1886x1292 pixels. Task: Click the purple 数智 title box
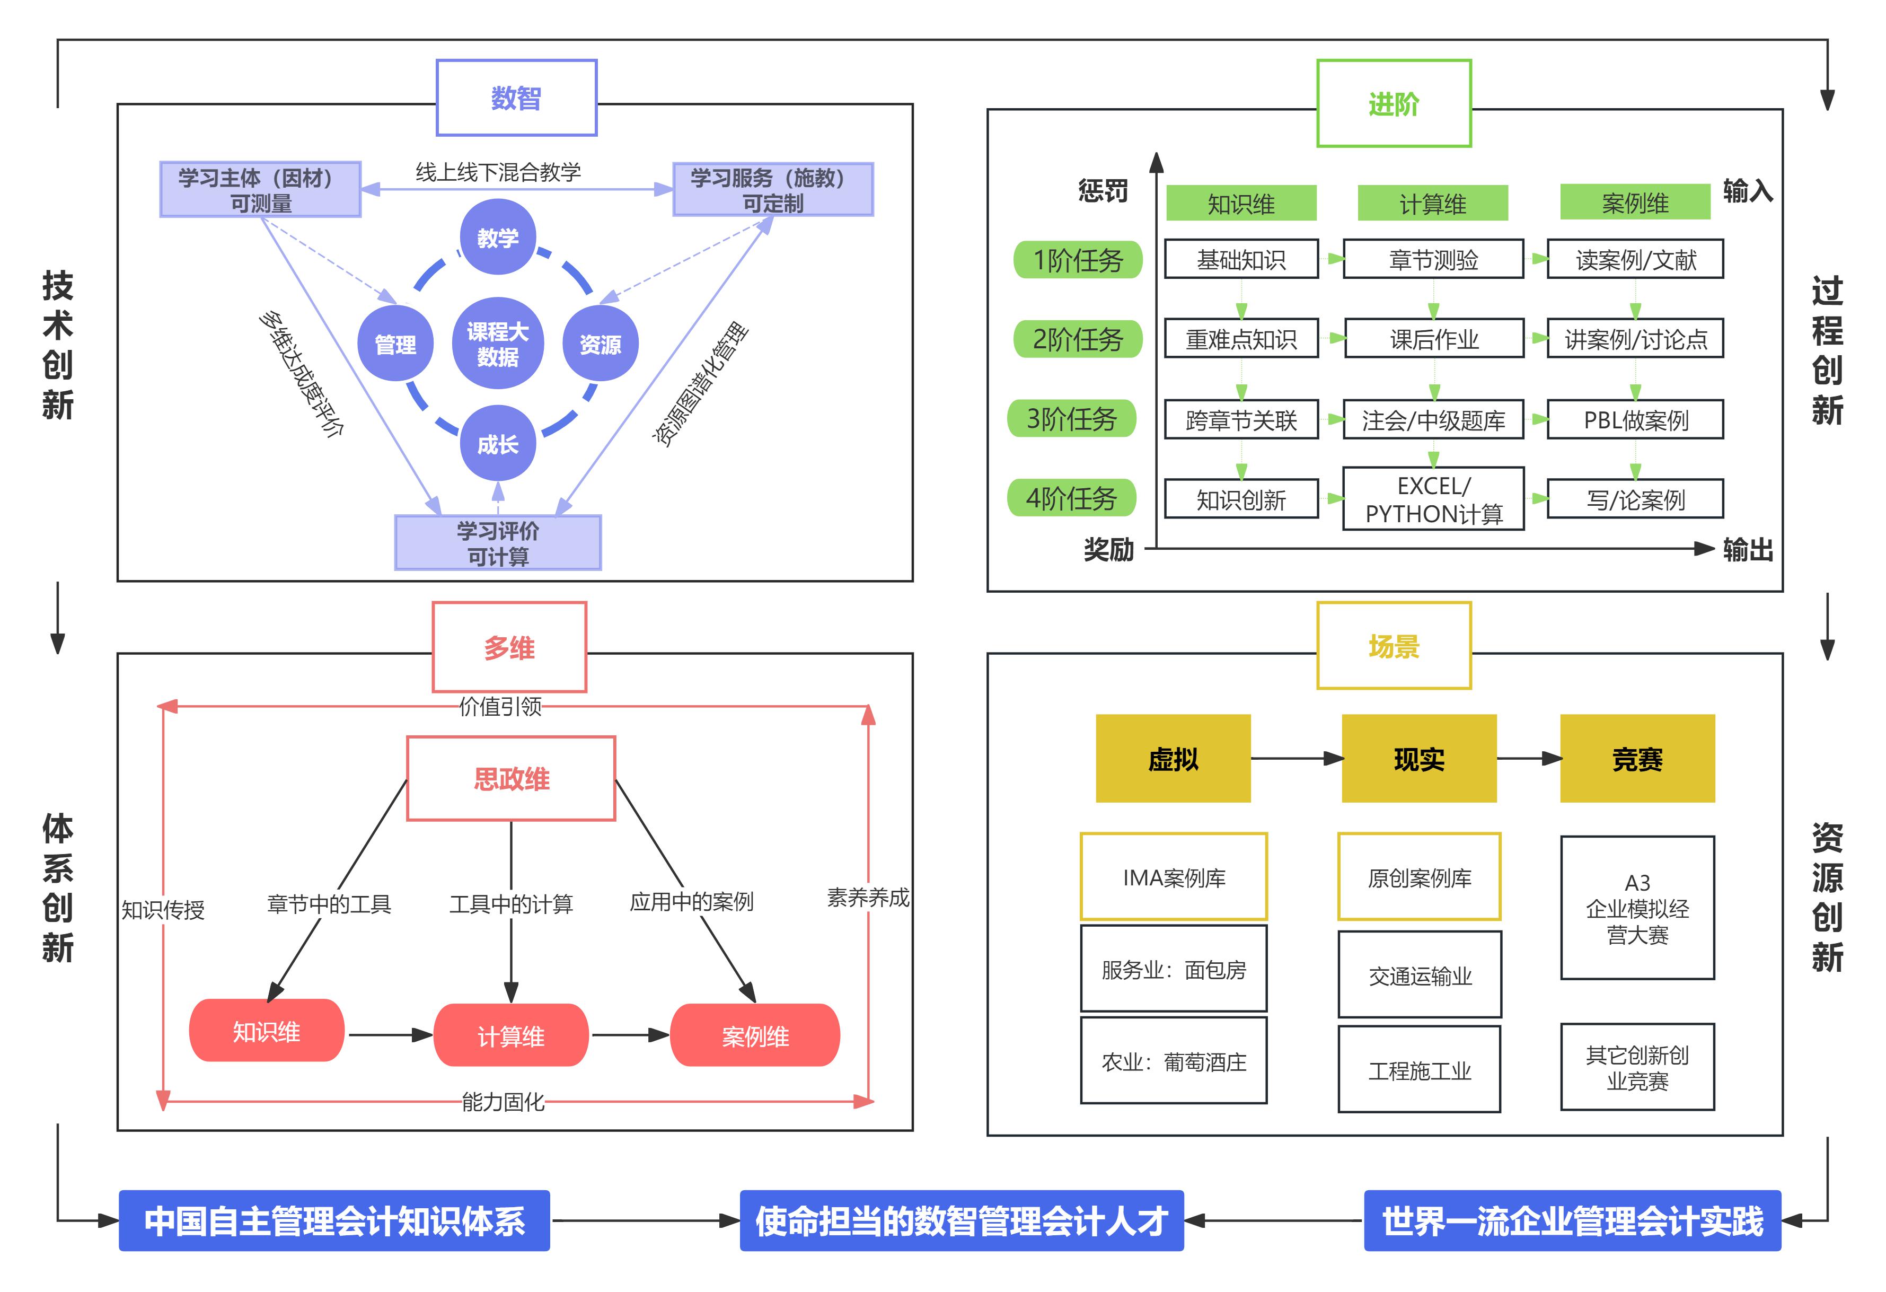click(x=516, y=98)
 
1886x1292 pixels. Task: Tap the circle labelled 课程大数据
click(x=497, y=344)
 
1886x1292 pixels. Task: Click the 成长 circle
click(x=497, y=444)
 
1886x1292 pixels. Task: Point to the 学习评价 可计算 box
click(x=497, y=543)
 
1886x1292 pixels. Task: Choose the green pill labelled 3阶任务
click(x=1071, y=419)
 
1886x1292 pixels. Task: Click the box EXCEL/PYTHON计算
click(x=1433, y=499)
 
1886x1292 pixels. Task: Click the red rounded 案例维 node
click(x=755, y=1035)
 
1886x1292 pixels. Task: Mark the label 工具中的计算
click(x=512, y=903)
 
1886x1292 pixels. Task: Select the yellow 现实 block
click(x=1418, y=759)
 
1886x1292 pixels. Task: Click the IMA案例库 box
click(x=1174, y=877)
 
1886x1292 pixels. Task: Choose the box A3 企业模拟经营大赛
click(x=1637, y=908)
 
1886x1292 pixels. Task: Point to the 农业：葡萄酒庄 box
click(x=1174, y=1061)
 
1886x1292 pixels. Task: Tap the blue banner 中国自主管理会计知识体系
click(x=334, y=1220)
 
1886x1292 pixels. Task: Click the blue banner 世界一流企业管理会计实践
click(x=1572, y=1220)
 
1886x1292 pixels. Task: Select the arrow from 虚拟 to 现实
click(x=1296, y=759)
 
